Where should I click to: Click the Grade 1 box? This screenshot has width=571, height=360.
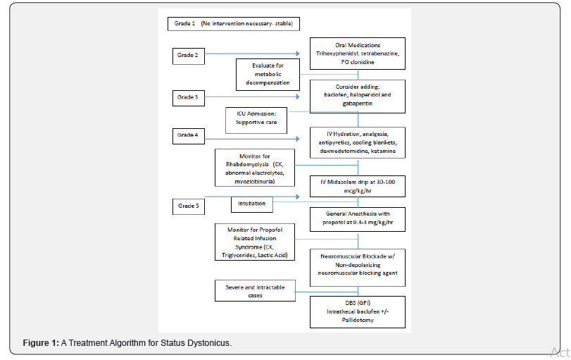tap(234, 24)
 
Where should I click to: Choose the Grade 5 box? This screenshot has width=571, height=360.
tap(189, 206)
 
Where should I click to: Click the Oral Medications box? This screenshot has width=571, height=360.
tap(358, 54)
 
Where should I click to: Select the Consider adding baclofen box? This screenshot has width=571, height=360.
tap(358, 96)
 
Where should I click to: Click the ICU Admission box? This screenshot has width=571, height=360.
tap(256, 117)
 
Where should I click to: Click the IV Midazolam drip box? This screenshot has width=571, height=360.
tap(358, 185)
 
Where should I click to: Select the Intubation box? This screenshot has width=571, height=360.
tap(251, 204)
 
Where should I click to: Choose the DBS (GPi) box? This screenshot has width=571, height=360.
tap(358, 312)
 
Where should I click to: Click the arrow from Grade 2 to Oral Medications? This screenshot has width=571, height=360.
tap(261, 53)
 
